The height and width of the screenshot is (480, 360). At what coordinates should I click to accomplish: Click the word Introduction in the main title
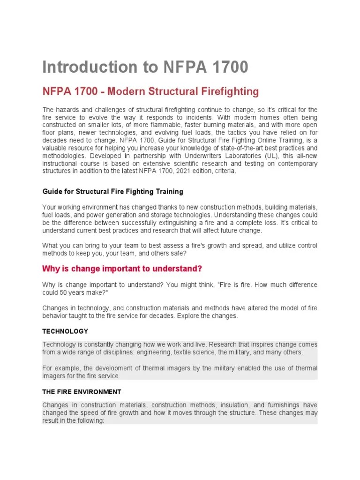(x=88, y=67)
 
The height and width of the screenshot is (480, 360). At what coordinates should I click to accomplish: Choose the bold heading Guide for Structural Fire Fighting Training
(x=112, y=192)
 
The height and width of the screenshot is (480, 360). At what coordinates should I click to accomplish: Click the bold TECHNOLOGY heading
(x=65, y=331)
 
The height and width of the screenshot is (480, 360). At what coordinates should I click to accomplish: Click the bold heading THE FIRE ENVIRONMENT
(x=82, y=391)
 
